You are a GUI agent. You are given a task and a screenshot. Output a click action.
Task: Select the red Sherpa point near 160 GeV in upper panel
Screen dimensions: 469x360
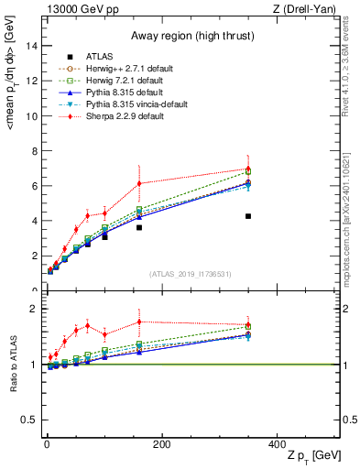pyautogui.click(x=139, y=183)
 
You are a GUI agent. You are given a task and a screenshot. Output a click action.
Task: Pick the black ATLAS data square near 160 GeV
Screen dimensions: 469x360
pyautogui.click(x=139, y=227)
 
